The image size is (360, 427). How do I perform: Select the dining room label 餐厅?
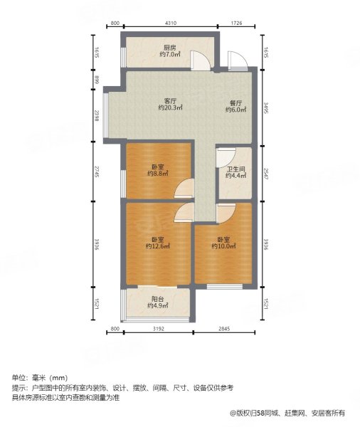click(x=235, y=102)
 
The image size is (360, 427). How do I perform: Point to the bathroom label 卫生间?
click(x=235, y=169)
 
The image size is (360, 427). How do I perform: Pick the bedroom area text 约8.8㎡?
click(x=157, y=173)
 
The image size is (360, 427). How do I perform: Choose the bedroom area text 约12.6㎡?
click(x=159, y=246)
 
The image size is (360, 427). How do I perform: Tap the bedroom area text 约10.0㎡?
click(x=223, y=246)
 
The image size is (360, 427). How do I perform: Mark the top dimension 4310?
click(x=171, y=24)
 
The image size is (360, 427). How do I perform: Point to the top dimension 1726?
click(x=237, y=24)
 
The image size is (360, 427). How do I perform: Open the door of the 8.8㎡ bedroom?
click(x=185, y=189)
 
